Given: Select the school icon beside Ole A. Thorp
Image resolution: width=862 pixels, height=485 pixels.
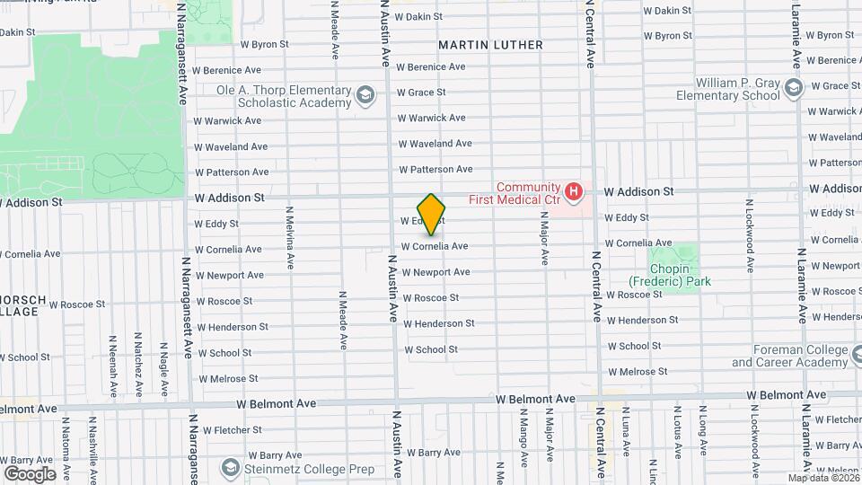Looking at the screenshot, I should pyautogui.click(x=365, y=95).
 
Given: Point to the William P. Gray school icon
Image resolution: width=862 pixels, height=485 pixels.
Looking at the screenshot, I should pyautogui.click(x=793, y=87).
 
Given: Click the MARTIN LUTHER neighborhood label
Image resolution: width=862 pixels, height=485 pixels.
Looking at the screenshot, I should pyautogui.click(x=490, y=45).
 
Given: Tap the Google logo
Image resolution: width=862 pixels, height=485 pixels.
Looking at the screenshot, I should pyautogui.click(x=30, y=473).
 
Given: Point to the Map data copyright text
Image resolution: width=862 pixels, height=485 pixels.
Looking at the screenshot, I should pyautogui.click(x=823, y=478).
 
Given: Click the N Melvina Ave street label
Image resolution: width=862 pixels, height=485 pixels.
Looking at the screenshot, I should pyautogui.click(x=289, y=238).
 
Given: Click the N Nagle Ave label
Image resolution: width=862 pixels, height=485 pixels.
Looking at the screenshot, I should pyautogui.click(x=164, y=367).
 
